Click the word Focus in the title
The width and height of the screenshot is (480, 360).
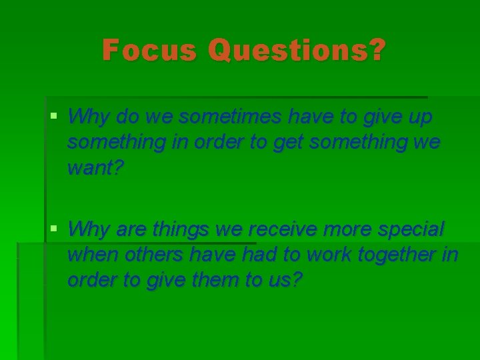point(149,51)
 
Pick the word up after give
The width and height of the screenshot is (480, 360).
point(419,117)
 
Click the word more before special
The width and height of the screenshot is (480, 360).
point(349,229)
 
